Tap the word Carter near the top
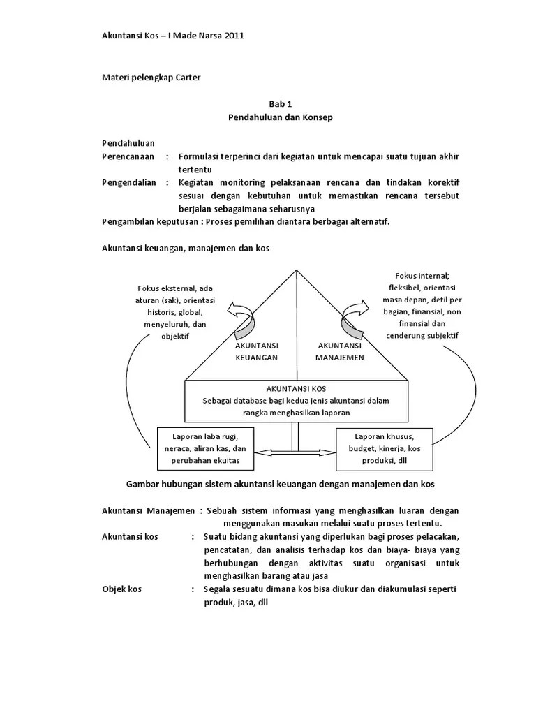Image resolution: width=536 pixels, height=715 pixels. tap(186, 77)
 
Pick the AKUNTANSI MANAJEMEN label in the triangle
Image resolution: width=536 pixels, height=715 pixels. tap(339, 351)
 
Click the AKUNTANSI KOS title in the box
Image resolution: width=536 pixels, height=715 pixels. tap(296, 388)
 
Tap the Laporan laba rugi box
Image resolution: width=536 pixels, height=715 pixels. tap(205, 448)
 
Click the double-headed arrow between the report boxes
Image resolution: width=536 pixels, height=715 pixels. tap(296, 453)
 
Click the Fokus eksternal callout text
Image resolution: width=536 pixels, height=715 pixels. tap(176, 311)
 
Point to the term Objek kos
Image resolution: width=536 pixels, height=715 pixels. tap(122, 589)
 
